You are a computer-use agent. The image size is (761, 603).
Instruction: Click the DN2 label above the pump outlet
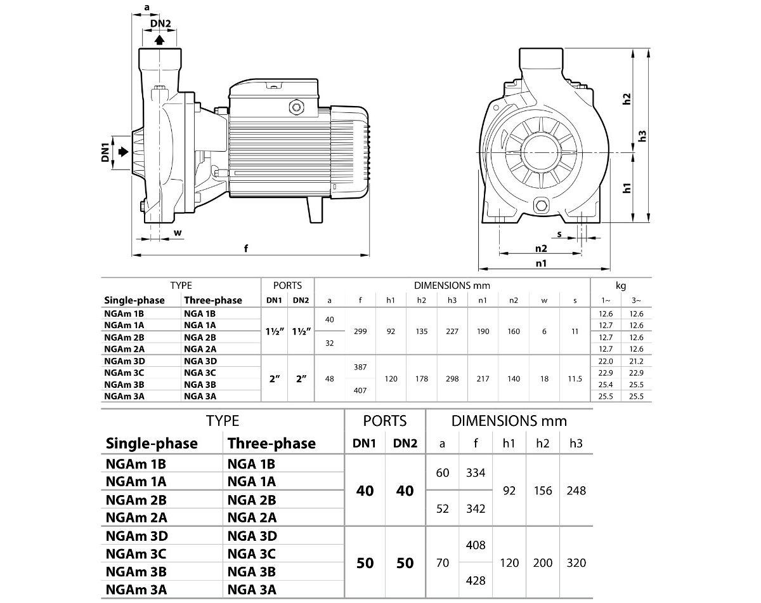click(160, 23)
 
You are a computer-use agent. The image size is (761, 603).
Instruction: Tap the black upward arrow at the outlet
click(159, 39)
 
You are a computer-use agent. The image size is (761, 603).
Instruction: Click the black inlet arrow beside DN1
click(123, 152)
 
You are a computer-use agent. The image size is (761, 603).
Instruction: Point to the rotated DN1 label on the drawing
click(105, 152)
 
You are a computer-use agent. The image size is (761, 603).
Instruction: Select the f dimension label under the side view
click(246, 248)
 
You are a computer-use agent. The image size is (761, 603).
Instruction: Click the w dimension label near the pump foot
click(178, 233)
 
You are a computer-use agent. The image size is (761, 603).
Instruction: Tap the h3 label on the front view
click(642, 136)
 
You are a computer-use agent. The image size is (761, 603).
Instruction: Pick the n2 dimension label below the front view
click(541, 249)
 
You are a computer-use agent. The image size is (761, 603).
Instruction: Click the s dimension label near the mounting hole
click(559, 234)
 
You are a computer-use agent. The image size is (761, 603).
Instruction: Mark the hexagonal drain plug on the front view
click(541, 206)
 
